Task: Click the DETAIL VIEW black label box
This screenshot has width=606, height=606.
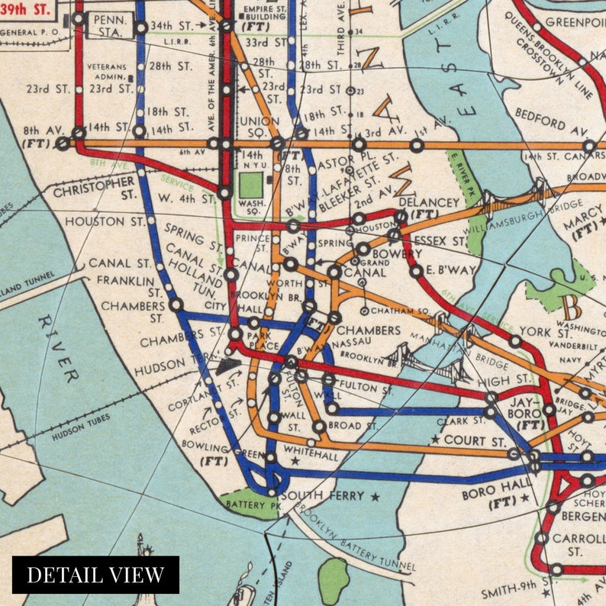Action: point(95,575)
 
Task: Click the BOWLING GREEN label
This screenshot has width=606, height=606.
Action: point(226,450)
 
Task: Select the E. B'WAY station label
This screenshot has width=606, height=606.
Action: point(451,269)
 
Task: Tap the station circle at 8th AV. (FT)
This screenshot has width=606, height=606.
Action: point(63,143)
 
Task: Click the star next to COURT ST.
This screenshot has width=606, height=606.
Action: point(435,440)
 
